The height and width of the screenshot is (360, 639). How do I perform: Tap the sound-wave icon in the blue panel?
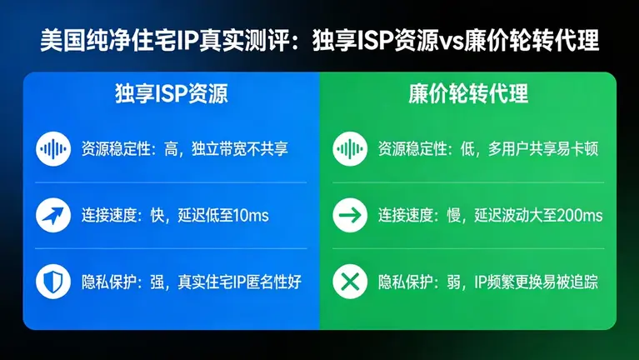[53, 150]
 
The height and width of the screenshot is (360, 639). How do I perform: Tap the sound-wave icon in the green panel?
[350, 150]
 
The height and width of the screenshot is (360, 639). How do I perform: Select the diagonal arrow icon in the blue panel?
[53, 216]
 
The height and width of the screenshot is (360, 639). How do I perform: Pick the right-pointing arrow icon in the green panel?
[350, 216]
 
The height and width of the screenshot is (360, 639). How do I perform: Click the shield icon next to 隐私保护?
[53, 282]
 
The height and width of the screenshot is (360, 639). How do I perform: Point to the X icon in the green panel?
[350, 282]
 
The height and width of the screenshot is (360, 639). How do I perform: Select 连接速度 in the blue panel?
[112, 217]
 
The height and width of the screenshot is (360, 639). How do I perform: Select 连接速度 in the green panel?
[409, 217]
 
